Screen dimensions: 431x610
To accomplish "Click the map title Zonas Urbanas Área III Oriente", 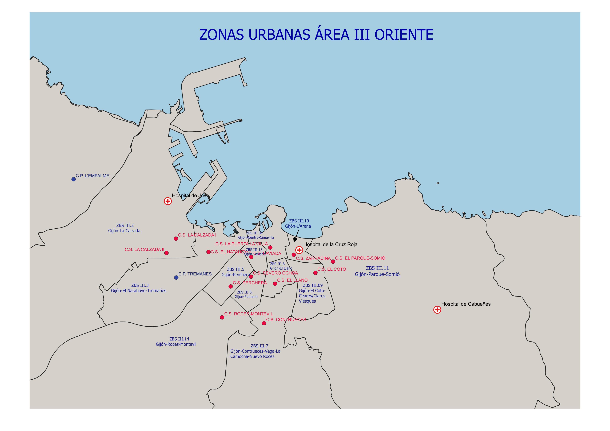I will [316, 35].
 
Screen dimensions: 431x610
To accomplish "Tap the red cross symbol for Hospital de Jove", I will [168, 201].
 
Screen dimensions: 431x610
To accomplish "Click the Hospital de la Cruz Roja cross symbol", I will [299, 250].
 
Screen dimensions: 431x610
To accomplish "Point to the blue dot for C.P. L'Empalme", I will [74, 179].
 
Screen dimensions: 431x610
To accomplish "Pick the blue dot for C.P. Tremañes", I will [176, 278].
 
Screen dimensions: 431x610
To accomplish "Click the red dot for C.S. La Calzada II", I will [166, 253].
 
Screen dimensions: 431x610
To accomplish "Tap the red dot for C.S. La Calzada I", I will [176, 239].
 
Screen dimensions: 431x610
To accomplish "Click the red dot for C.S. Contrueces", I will [264, 323].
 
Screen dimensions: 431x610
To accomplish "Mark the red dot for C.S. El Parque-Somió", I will [333, 262].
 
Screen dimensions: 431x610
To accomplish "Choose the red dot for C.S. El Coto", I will [315, 273].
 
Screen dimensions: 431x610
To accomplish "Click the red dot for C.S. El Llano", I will [275, 284].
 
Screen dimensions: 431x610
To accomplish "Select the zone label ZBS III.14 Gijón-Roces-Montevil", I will [176, 341].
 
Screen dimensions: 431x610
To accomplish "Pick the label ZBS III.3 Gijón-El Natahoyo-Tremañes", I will [138, 288].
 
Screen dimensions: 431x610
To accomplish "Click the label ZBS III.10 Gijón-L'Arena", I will [298, 223].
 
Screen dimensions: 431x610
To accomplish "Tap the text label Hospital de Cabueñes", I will [466, 304].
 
